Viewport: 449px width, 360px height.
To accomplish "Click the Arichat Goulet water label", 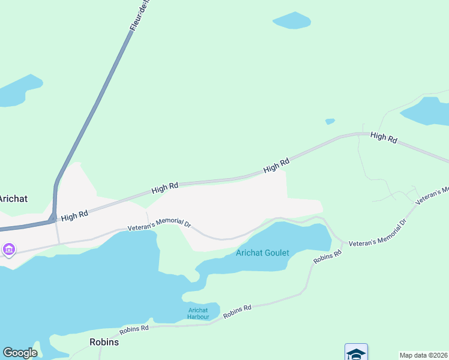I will [262, 253].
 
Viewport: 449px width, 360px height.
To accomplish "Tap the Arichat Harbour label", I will [197, 313].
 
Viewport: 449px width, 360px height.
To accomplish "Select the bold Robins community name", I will [104, 342].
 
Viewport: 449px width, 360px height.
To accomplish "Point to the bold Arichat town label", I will [13, 199].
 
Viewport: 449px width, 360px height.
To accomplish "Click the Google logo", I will [20, 353].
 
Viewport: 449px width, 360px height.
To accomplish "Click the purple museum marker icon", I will [8, 249].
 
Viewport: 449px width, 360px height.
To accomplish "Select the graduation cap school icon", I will [356, 353].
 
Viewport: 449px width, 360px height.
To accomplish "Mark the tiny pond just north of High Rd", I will [330, 121].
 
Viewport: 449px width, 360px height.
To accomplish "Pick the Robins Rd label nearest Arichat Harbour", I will [237, 311].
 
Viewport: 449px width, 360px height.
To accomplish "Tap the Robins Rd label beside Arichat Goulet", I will [327, 257].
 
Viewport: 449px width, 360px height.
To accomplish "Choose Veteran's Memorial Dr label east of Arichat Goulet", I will [378, 231].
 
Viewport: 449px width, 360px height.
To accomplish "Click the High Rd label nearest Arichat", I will [74, 214].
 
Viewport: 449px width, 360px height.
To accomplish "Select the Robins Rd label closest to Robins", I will [134, 329].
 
